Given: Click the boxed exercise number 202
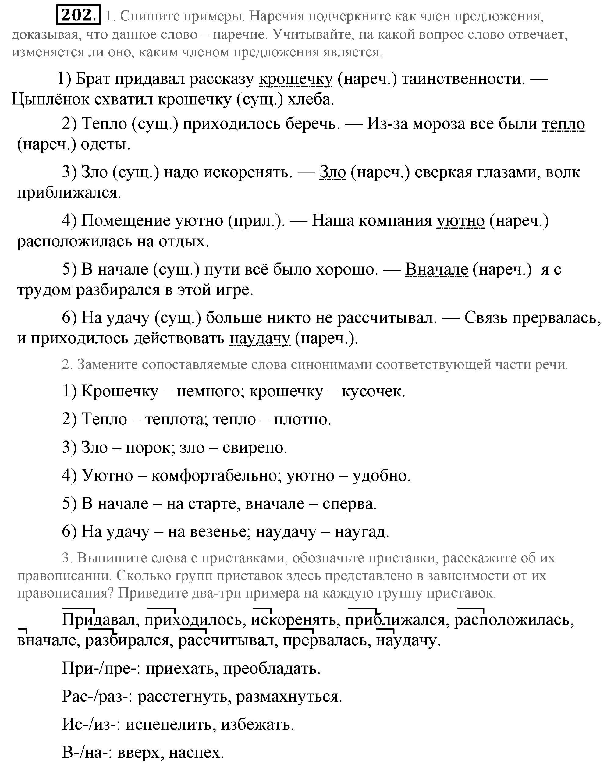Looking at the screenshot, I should [x=78, y=15].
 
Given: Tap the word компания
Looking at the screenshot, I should [x=395, y=221].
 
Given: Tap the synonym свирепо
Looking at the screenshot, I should [x=254, y=448].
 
